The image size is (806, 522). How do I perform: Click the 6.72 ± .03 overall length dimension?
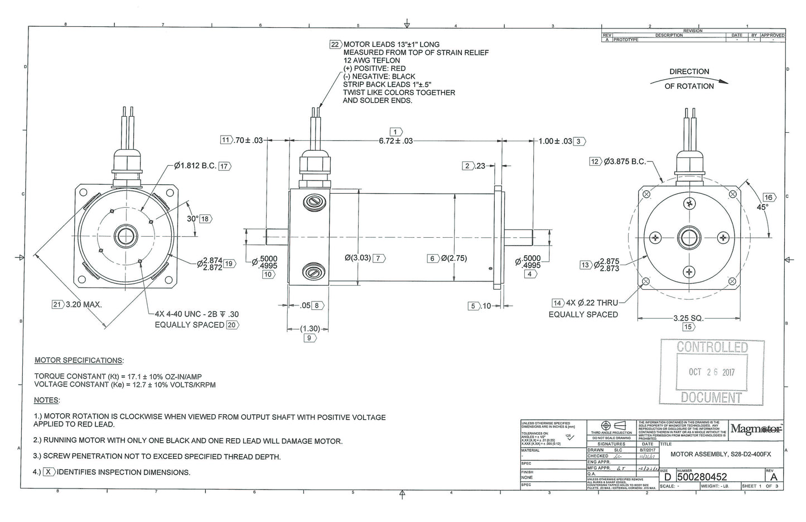[x=395, y=141]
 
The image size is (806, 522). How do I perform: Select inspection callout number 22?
[x=335, y=45]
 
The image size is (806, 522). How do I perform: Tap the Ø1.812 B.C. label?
[x=195, y=166]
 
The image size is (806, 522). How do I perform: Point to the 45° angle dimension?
[x=762, y=207]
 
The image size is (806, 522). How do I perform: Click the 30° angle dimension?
[x=192, y=219]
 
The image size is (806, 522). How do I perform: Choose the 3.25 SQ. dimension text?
[x=688, y=318]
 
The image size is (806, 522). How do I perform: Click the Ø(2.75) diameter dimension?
[x=453, y=258]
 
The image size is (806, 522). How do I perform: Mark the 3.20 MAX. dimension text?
[x=84, y=305]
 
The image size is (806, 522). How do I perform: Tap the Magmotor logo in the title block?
[x=756, y=429]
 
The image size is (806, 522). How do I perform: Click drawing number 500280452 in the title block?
[x=702, y=477]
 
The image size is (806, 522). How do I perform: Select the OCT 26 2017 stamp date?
[x=711, y=372]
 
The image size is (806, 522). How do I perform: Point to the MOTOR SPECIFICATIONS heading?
[x=79, y=360]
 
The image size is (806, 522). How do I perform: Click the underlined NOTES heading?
[x=47, y=400]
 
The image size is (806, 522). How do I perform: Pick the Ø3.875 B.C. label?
[x=624, y=162]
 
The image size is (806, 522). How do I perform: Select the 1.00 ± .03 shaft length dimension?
[x=555, y=141]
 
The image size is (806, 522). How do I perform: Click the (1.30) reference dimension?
[x=310, y=328]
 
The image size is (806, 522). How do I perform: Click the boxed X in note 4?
[x=49, y=472]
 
